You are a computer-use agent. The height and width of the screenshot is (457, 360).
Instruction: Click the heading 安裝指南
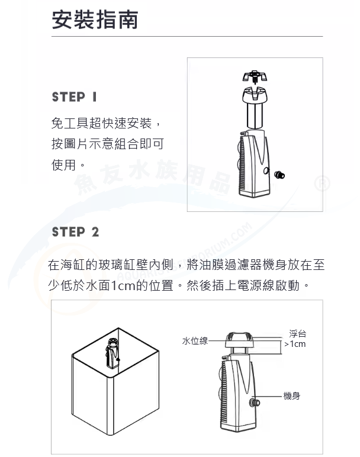click(x=95, y=20)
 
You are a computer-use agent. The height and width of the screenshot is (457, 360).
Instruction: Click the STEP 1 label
click(x=75, y=97)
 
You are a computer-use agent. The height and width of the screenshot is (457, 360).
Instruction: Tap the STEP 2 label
click(x=76, y=232)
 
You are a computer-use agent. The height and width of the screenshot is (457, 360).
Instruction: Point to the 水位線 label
click(x=195, y=341)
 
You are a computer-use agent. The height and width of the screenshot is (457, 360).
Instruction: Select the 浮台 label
click(x=297, y=334)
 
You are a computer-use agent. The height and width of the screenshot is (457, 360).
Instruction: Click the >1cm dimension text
click(x=295, y=344)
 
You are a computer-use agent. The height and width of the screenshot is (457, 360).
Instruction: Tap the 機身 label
click(x=291, y=396)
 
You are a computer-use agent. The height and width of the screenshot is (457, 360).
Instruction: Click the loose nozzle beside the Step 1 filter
click(x=279, y=175)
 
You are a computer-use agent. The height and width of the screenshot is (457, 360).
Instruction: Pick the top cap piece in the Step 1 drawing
click(x=255, y=76)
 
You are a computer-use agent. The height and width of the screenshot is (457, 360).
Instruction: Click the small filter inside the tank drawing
click(x=112, y=353)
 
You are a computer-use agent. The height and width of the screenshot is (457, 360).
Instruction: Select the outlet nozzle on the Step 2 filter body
click(x=255, y=403)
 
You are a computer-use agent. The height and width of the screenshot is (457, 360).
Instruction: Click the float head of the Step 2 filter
click(x=239, y=340)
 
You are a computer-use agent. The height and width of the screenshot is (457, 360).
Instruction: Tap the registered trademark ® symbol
click(x=322, y=184)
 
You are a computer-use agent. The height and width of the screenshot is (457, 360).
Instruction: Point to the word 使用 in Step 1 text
click(x=64, y=165)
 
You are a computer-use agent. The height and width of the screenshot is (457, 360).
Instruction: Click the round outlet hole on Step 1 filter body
click(x=266, y=171)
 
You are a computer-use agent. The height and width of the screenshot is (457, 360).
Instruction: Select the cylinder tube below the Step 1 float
click(x=255, y=115)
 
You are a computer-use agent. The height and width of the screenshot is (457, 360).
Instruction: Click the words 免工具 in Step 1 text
click(x=70, y=123)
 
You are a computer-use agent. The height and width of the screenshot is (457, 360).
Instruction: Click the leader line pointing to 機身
click(x=270, y=397)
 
